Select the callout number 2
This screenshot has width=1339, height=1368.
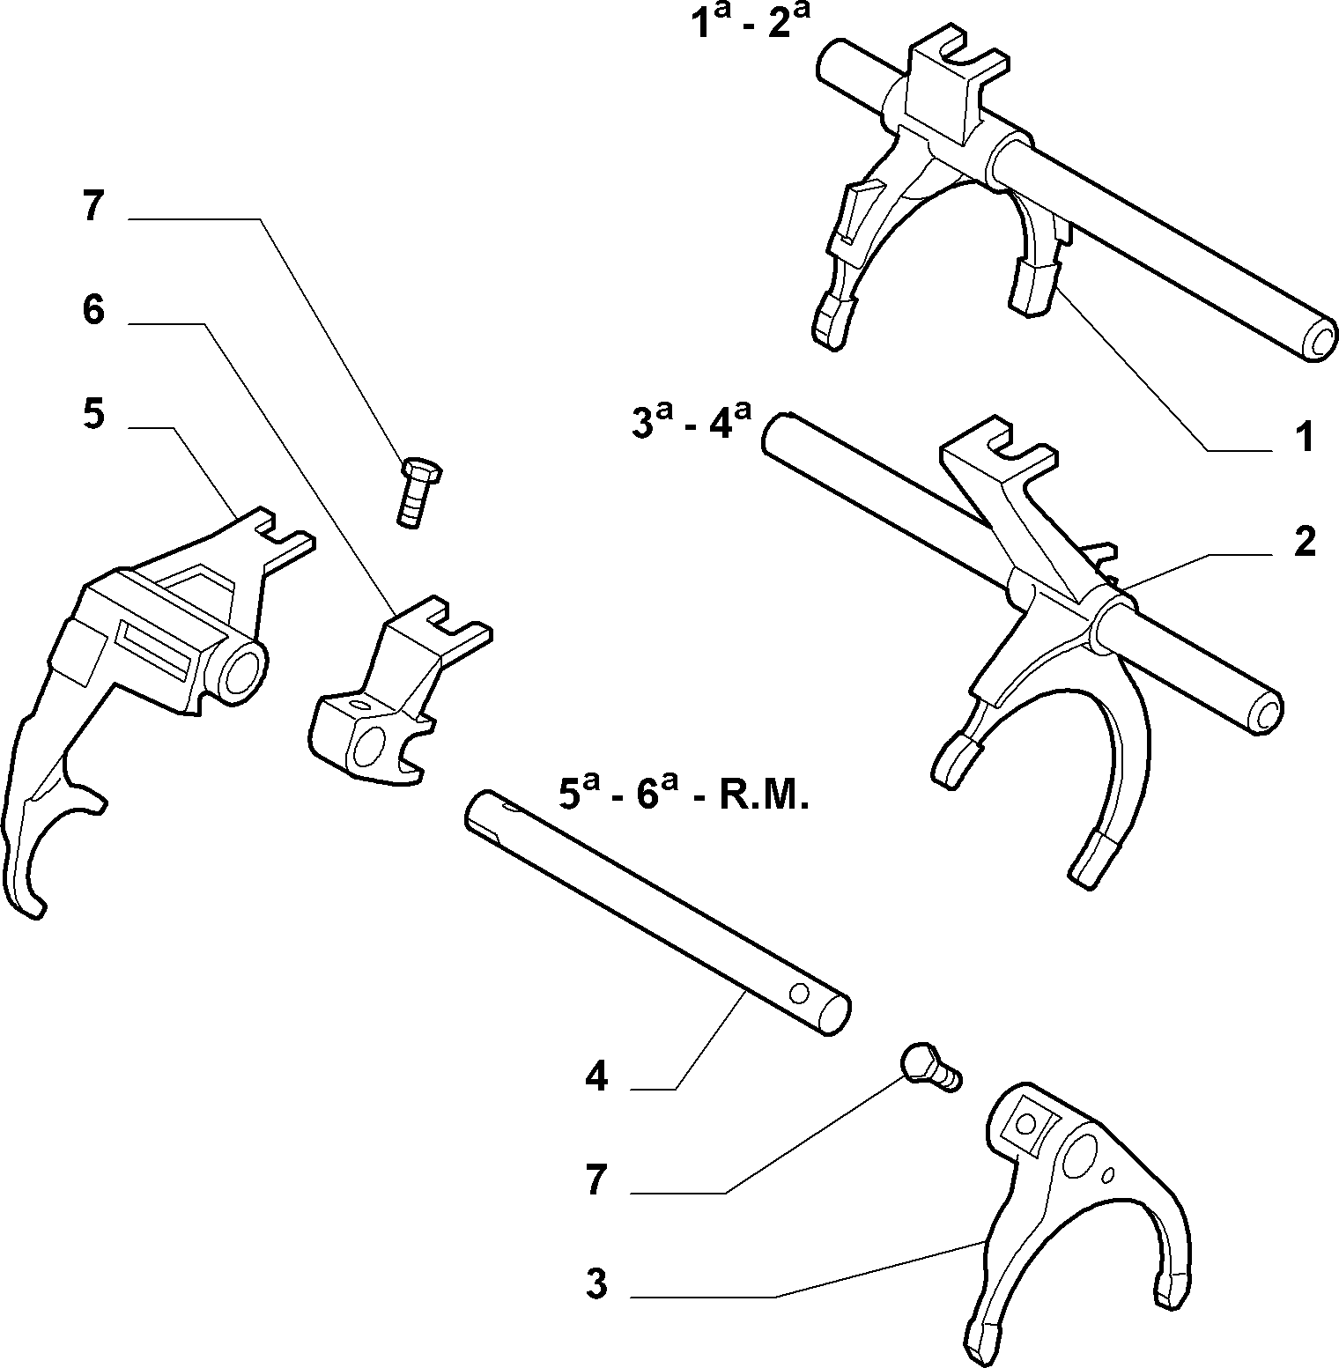1305,542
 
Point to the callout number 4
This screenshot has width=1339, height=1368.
596,1076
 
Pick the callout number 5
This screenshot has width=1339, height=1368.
93,413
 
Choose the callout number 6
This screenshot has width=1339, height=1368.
93,310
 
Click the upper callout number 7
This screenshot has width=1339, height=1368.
93,209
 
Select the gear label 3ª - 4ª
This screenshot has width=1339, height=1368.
691,422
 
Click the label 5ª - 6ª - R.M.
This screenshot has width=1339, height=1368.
683,794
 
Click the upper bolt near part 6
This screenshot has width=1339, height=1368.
419,492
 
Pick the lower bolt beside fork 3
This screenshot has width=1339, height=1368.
929,1067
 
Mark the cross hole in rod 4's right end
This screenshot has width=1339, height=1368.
800,993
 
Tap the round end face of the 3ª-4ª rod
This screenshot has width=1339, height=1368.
1265,709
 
